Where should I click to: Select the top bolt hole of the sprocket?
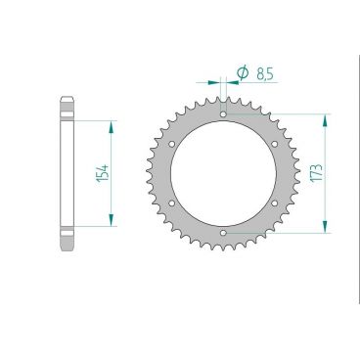coord(223,114)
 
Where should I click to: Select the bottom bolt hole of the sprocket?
coord(223,232)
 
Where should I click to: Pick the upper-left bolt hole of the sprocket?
coord(173,144)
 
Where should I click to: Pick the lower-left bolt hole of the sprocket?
coord(173,202)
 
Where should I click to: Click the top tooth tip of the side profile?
coord(67,97)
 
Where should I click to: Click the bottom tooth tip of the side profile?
coord(67,251)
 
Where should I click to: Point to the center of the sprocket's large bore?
coord(223,173)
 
